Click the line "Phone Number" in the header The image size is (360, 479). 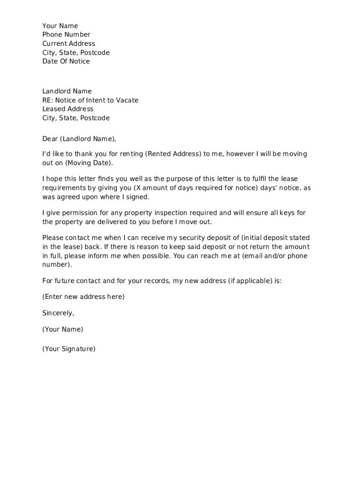pyautogui.click(x=66, y=35)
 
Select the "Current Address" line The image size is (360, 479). pyautogui.click(x=68, y=44)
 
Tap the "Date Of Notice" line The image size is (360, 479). pyautogui.click(x=66, y=61)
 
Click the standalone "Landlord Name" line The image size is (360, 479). pyautogui.click(x=67, y=91)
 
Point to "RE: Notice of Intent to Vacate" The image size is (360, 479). pyautogui.click(x=90, y=100)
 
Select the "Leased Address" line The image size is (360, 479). pyautogui.click(x=68, y=109)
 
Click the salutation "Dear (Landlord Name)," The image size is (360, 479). pyautogui.click(x=79, y=139)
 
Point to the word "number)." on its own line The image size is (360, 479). pyautogui.click(x=58, y=264)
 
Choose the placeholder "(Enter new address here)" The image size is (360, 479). pyautogui.click(x=83, y=297)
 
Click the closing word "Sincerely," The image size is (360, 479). pyautogui.click(x=58, y=313)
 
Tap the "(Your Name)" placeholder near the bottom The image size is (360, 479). pyautogui.click(x=63, y=329)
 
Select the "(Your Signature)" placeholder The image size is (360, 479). pyautogui.click(x=69, y=348)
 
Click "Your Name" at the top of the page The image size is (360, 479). pyautogui.click(x=60, y=26)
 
